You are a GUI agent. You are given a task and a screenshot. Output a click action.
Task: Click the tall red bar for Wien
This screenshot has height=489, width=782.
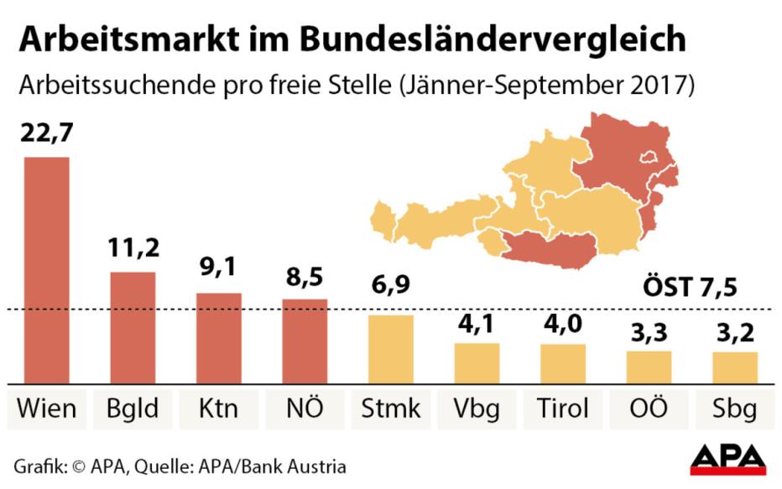[x=47, y=270]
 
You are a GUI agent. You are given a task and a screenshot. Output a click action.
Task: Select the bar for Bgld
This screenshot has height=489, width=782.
[x=133, y=327]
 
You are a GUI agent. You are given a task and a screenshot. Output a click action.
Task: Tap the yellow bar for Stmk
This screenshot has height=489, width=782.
[x=391, y=349]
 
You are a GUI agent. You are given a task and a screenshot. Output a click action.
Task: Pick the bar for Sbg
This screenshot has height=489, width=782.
[x=735, y=367]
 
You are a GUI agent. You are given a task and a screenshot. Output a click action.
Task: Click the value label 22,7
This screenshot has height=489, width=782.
[x=46, y=133]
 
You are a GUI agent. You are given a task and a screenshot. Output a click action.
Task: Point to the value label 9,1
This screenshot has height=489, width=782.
[x=218, y=268]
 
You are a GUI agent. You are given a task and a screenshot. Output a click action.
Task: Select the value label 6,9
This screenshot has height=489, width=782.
[x=390, y=284]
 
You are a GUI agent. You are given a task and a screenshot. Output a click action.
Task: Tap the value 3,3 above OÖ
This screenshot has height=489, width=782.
[x=649, y=332]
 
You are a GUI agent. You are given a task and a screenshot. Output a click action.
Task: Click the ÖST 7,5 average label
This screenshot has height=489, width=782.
[x=690, y=288]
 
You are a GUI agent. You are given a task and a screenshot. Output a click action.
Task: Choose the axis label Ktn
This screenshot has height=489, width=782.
[x=218, y=408]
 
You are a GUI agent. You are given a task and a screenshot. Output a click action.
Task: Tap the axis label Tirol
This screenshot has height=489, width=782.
[x=562, y=408]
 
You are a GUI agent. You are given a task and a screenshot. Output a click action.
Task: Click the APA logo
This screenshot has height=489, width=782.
[x=727, y=460]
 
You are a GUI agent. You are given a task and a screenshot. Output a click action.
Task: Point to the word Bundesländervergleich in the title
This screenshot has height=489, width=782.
[x=493, y=39]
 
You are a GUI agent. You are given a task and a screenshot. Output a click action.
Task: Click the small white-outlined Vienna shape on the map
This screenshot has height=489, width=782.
[x=649, y=158]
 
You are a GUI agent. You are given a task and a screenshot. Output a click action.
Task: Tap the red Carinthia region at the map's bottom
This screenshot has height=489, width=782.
[x=550, y=249]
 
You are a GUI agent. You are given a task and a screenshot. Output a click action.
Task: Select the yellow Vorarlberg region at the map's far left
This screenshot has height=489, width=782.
[x=383, y=221]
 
